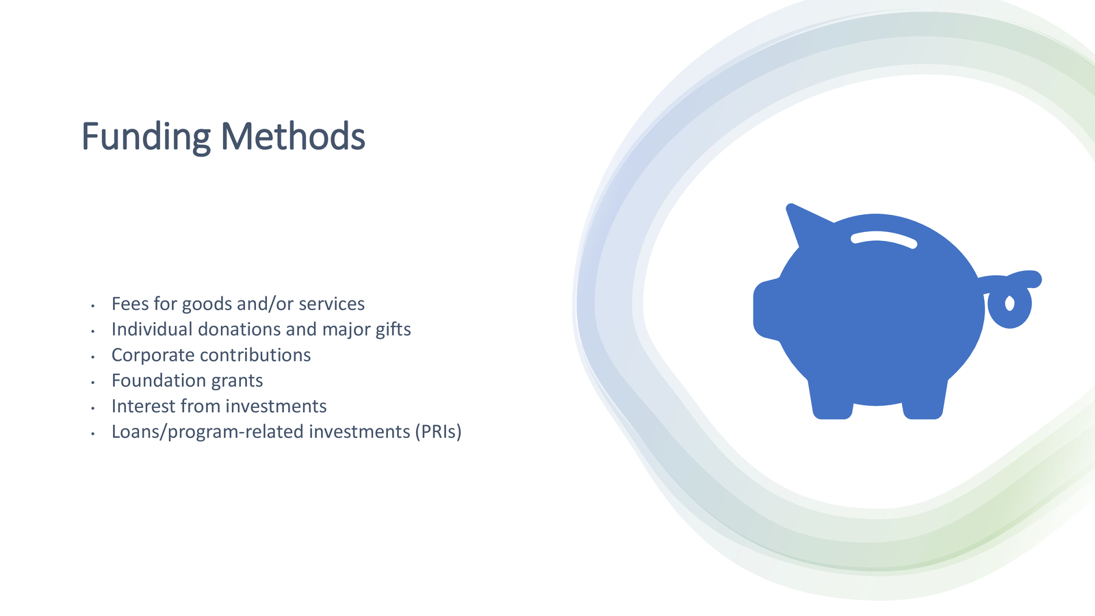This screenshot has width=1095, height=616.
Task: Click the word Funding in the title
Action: pyautogui.click(x=146, y=138)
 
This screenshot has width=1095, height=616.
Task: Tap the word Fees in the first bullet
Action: pyautogui.click(x=130, y=304)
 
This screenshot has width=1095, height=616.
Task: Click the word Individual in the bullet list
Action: pyautogui.click(x=152, y=329)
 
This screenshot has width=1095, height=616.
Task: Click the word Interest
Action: pyautogui.click(x=143, y=407)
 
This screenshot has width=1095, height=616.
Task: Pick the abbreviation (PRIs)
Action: pyautogui.click(x=438, y=432)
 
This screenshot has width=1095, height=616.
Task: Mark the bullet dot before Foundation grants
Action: pyautogui.click(x=92, y=382)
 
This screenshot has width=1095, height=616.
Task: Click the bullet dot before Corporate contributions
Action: pyautogui.click(x=92, y=357)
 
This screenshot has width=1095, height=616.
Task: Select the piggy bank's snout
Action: pyautogui.click(x=766, y=309)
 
